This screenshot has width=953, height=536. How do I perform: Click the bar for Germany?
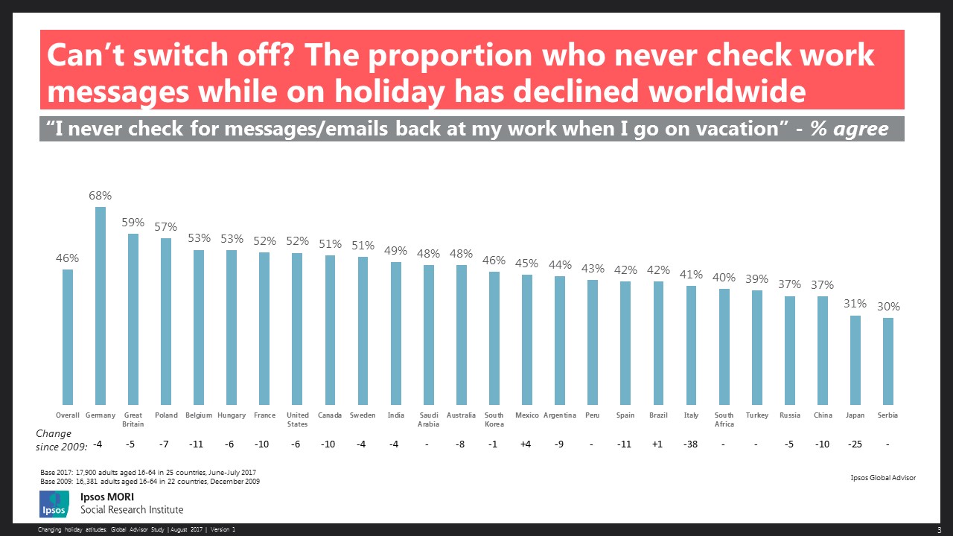tap(101, 305)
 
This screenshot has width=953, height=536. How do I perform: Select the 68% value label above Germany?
tap(101, 196)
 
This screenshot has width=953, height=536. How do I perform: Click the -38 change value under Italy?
tap(691, 444)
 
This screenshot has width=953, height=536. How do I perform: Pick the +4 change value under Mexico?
tap(527, 444)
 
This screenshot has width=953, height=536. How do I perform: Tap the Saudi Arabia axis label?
tap(429, 420)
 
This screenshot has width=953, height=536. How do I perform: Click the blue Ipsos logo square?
tap(54, 503)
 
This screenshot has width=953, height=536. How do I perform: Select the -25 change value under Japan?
tap(855, 444)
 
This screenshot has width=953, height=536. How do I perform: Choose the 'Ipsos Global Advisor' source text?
tap(883, 478)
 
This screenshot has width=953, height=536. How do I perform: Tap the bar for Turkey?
tap(757, 347)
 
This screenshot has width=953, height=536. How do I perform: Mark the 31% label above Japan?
tap(855, 304)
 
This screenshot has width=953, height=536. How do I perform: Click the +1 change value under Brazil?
tap(658, 444)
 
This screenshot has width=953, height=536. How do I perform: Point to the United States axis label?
tap(297, 420)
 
